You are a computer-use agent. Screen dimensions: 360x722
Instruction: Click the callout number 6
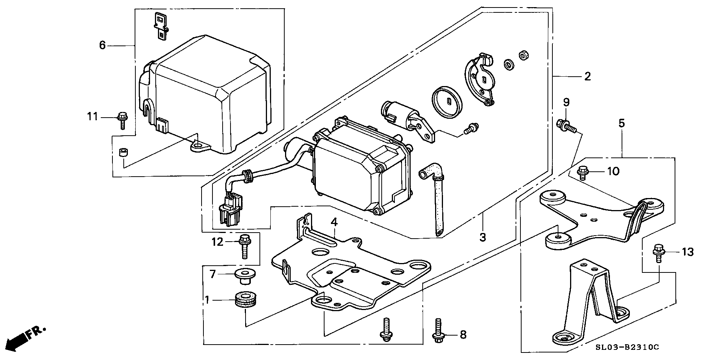click(x=102, y=45)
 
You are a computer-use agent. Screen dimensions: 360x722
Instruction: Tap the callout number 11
click(x=93, y=117)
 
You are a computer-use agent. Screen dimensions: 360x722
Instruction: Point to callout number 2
click(x=587, y=77)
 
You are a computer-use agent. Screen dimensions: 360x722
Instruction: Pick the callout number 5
click(x=622, y=123)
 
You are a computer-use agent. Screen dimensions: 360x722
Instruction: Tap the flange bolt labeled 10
click(x=582, y=172)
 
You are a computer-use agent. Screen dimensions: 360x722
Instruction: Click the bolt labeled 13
click(x=658, y=253)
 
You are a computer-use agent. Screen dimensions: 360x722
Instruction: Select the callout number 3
click(x=483, y=237)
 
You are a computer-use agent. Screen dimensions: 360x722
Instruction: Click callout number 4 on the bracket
click(x=334, y=222)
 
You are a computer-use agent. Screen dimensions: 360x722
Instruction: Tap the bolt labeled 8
click(x=438, y=331)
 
